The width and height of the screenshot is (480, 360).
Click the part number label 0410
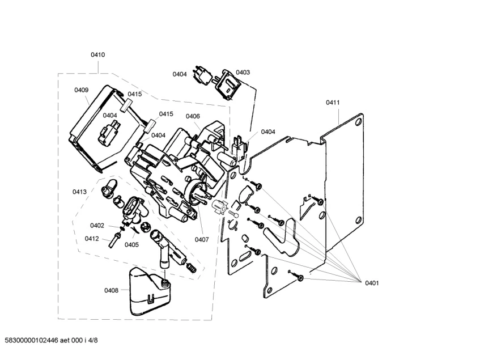pos(97,55)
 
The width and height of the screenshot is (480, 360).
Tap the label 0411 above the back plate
pos(333,103)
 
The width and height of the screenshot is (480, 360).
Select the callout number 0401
pos(372,283)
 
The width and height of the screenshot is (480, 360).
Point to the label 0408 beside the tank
pos(111,290)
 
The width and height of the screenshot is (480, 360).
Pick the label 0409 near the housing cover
pos(82,90)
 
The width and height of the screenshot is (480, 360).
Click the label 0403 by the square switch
pos(243,72)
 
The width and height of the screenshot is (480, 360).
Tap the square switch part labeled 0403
pos(227,84)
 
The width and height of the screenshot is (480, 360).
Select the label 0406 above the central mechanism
pos(193,116)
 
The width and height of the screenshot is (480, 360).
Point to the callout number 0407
pos(202,239)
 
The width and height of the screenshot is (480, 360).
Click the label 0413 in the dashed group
pos(79,192)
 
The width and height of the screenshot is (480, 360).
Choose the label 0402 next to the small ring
pos(97,226)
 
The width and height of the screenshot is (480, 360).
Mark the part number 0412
pos(92,239)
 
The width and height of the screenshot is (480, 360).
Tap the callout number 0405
pos(131,244)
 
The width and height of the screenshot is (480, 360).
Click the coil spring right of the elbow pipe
pos(192,268)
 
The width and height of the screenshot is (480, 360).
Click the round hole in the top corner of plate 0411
pos(358,123)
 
